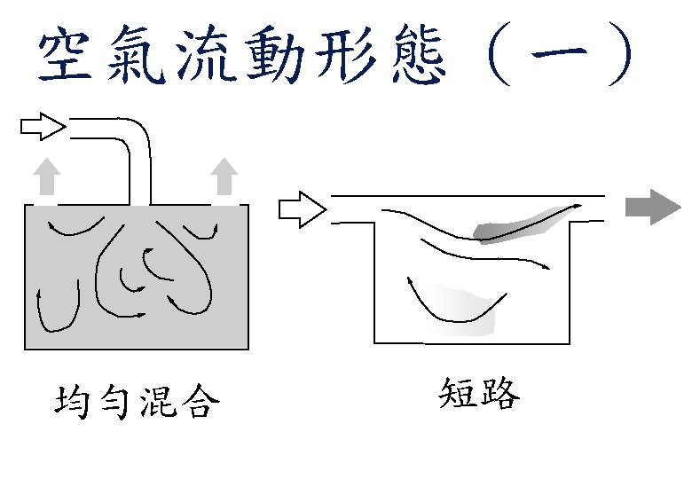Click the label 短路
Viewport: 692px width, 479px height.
tap(478, 395)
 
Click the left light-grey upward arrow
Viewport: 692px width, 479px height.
tap(49, 177)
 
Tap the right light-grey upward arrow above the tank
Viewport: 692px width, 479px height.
tap(225, 177)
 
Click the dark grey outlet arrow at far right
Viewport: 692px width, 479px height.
tap(649, 208)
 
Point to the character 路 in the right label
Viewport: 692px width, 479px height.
tap(499, 395)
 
